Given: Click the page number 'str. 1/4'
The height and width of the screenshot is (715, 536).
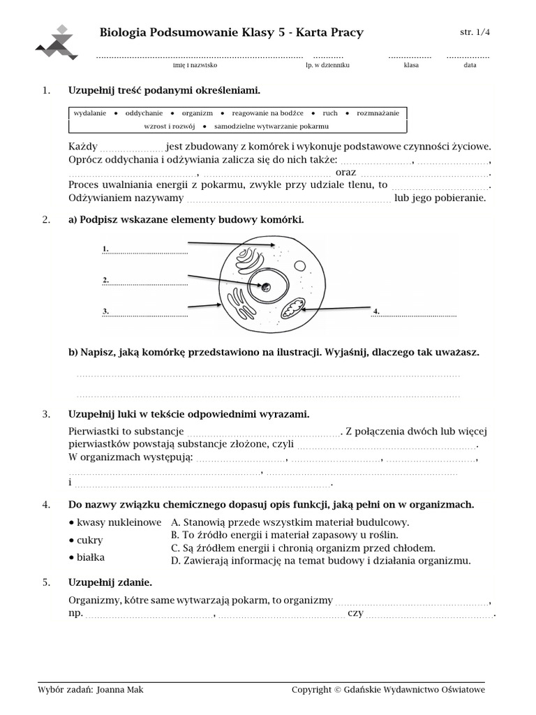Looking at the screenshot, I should (475, 32).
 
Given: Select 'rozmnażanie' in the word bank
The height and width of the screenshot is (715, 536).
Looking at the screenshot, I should (378, 113).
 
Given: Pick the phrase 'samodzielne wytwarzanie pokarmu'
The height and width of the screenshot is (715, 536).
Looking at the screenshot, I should (271, 126).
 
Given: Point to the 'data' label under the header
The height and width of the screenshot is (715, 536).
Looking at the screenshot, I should (470, 65).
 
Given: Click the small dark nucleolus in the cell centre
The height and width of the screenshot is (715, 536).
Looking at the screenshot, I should (267, 286).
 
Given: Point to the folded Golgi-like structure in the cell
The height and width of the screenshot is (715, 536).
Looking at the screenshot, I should (249, 260).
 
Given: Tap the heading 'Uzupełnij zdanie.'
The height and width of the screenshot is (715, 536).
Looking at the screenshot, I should (110, 582).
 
